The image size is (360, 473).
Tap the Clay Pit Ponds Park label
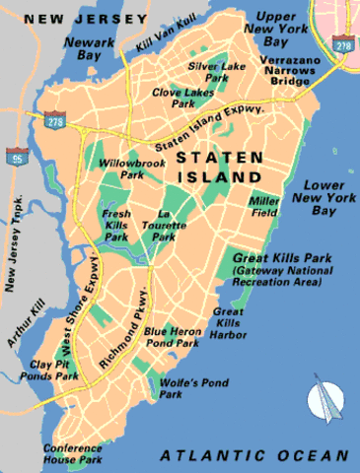click(x=54, y=368)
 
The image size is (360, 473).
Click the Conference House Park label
click(x=73, y=452)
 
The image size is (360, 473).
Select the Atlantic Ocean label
click(x=254, y=455)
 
